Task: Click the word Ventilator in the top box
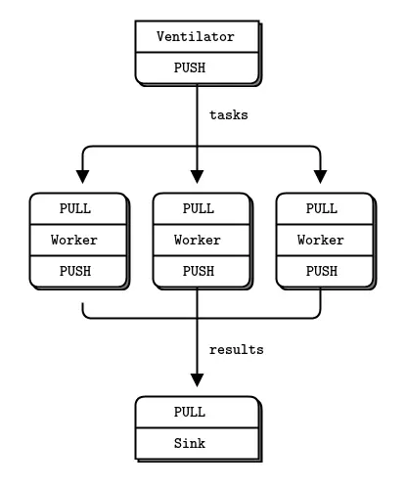tap(197, 37)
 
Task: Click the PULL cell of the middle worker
tap(198, 208)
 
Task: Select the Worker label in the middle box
tap(198, 239)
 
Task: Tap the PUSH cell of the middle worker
tap(198, 269)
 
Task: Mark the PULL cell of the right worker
tap(321, 208)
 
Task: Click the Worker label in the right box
tap(321, 239)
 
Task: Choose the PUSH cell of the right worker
tap(321, 269)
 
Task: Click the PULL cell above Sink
tap(197, 412)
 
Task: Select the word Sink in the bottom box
tap(197, 442)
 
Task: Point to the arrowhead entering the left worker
tap(82, 176)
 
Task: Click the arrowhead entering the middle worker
tap(198, 176)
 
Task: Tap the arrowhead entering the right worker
tap(321, 176)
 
